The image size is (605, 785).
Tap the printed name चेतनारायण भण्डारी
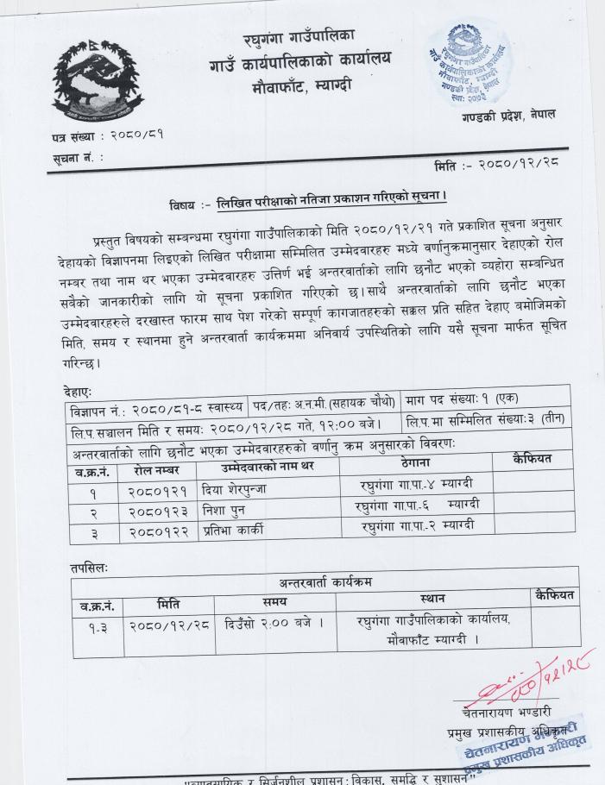(x=507, y=712)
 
